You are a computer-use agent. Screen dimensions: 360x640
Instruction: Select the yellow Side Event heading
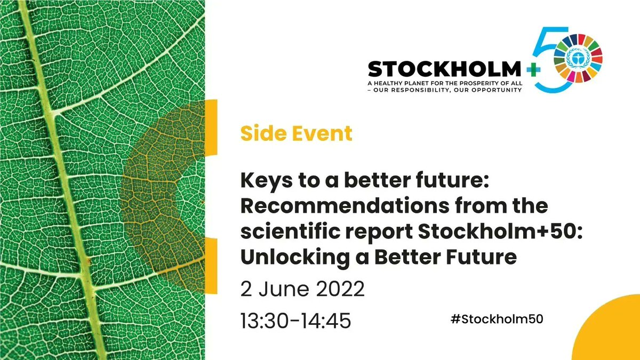pos(296,133)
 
